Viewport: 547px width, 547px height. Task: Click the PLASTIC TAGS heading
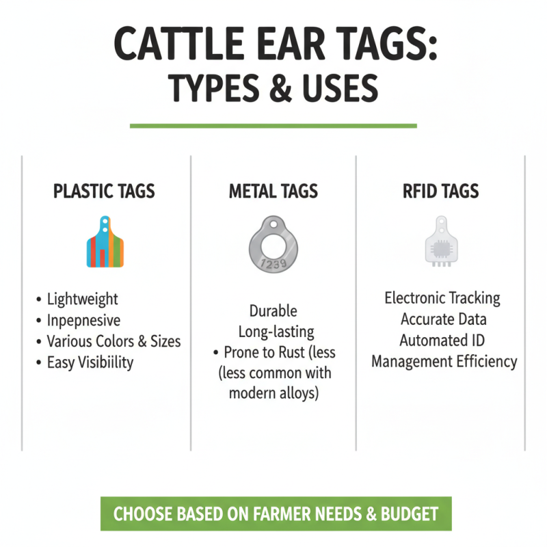pyautogui.click(x=104, y=191)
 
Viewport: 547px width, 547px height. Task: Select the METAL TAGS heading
pyautogui.click(x=273, y=191)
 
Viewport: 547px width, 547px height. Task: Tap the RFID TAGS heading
pyautogui.click(x=440, y=191)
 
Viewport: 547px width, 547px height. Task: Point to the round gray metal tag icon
pyautogui.click(x=273, y=244)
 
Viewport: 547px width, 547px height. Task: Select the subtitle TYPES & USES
pyautogui.click(x=273, y=90)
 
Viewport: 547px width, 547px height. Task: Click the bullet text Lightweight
pyautogui.click(x=82, y=299)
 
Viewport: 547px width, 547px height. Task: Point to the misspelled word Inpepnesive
pyautogui.click(x=83, y=320)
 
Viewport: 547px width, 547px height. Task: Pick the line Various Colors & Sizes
pyautogui.click(x=114, y=341)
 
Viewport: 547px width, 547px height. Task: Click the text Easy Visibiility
pyautogui.click(x=90, y=362)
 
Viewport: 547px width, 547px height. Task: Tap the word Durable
pyautogui.click(x=273, y=311)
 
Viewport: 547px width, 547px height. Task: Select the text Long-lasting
pyautogui.click(x=276, y=332)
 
